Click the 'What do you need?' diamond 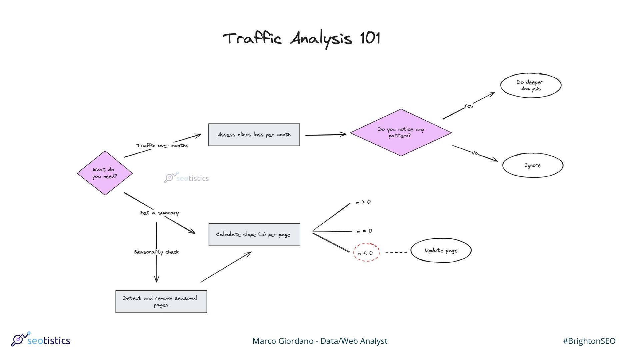[105, 173]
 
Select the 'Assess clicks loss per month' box [254, 135]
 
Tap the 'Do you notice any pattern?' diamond [401, 132]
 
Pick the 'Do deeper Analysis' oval [531, 85]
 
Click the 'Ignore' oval [533, 165]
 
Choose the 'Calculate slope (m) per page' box [254, 235]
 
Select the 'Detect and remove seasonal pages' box [161, 301]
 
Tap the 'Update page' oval [441, 250]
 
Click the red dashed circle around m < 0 [366, 252]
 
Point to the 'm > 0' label [363, 202]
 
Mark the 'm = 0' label [364, 231]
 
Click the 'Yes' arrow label [468, 106]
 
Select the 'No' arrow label [474, 153]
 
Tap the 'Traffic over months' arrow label [162, 145]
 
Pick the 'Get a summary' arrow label [159, 213]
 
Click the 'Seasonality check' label [156, 252]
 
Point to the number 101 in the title [370, 38]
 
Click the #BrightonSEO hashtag [589, 341]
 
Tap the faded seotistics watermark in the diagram [187, 178]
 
